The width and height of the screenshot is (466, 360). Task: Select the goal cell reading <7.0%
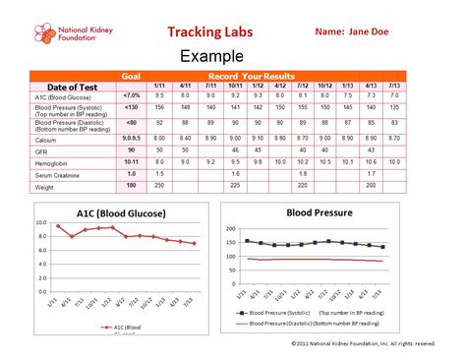(131, 95)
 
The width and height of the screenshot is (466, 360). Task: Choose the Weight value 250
(159, 184)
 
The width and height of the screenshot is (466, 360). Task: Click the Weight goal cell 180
(131, 184)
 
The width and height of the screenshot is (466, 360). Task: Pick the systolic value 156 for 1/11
(159, 107)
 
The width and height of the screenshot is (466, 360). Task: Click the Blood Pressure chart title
(317, 211)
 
